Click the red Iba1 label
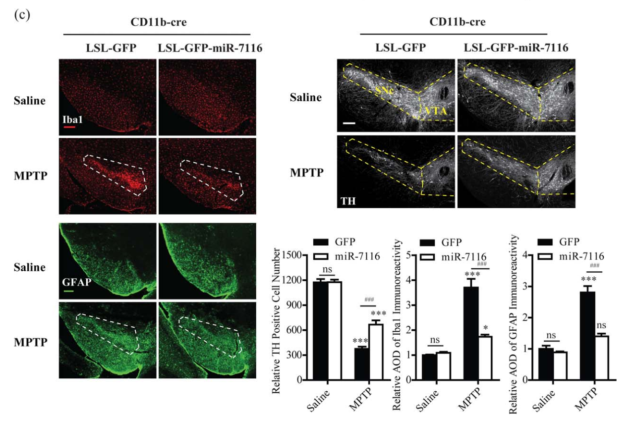click(x=69, y=120)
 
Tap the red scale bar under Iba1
click(x=69, y=127)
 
